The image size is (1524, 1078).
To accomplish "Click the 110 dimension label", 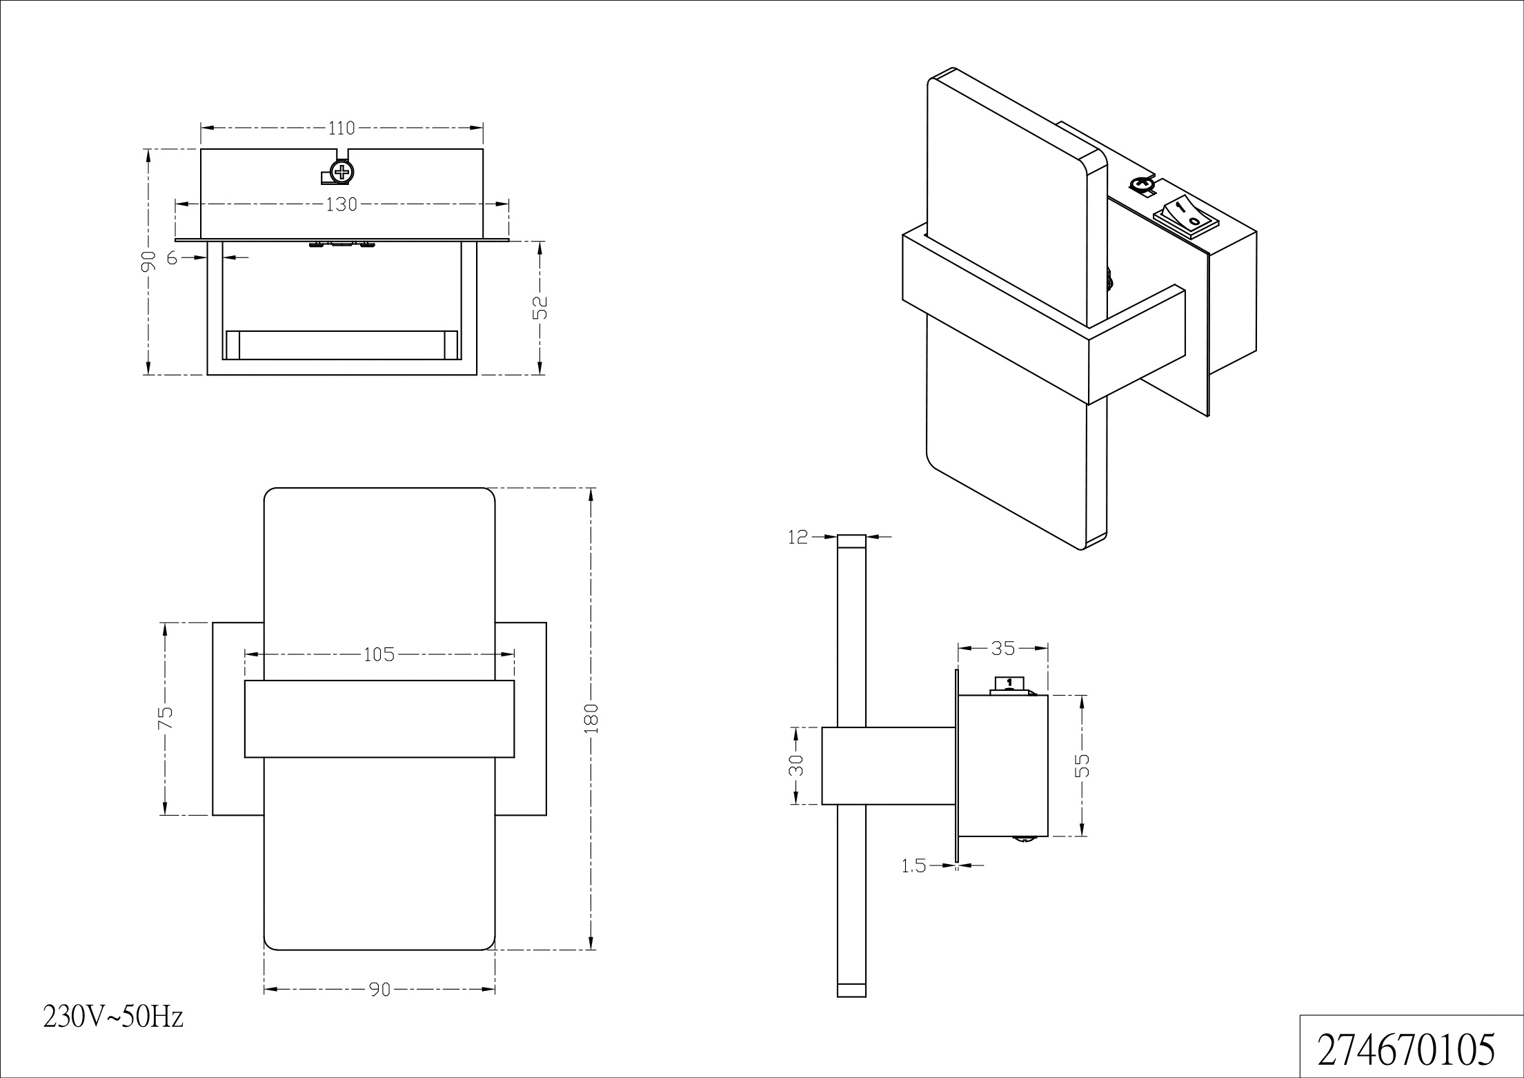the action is (x=342, y=128).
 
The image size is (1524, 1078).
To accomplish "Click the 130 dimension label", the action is (x=342, y=204).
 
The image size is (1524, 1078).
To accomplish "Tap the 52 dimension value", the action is (x=540, y=307).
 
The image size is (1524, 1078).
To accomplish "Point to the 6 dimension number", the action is (x=172, y=258).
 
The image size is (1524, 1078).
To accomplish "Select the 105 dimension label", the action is (x=379, y=654).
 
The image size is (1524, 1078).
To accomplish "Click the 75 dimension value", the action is (x=165, y=718).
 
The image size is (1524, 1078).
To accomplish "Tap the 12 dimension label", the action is (x=798, y=537).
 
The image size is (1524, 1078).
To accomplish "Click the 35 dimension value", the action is (x=1003, y=648).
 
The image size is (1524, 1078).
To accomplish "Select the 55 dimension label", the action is (x=1082, y=765).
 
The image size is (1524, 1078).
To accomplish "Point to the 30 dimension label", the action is (x=796, y=765).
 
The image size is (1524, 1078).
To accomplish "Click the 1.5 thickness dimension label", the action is (x=914, y=865).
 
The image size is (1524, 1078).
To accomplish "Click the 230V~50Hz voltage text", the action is (x=113, y=1017).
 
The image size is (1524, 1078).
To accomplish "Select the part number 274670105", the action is (x=1406, y=1049).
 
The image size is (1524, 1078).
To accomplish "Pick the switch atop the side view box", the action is (x=1009, y=685).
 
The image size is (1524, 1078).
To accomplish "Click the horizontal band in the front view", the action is (x=379, y=719).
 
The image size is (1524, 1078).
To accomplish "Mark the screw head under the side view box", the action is (x=1024, y=839).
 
